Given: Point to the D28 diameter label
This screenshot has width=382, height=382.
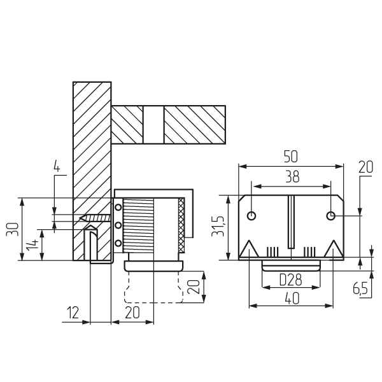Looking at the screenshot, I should pos(290,279).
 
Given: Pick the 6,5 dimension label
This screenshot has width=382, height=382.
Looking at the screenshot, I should pos(360,288).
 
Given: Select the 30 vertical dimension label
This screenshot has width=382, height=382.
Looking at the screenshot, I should pos(12,229).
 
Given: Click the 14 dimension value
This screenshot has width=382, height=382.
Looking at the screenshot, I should pos(32,244).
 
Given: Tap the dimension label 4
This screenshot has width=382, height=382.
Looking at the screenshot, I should pos(56,168).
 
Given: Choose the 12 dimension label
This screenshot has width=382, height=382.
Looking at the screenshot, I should pos(73,313).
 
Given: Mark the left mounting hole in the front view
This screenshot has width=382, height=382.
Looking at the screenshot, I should pos(252,216).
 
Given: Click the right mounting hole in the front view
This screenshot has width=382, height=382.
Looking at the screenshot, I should pos(330,216).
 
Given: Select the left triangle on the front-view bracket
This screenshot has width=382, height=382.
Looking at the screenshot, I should pos(248,250).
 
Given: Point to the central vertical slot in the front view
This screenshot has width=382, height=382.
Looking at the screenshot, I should pos(291,222).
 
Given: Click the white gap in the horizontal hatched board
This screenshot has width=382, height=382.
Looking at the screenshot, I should pos(153,124).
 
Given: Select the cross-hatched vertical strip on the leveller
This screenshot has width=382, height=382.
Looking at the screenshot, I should pos(181,226).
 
